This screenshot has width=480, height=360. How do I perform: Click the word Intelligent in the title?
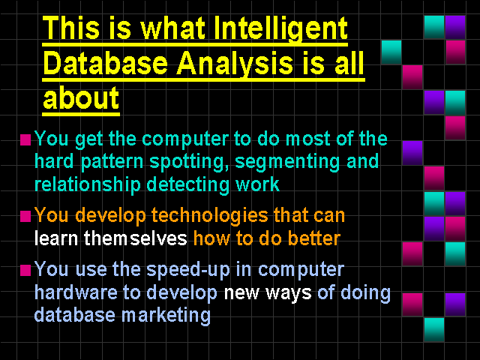[280, 28]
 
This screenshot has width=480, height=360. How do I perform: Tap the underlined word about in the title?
[81, 97]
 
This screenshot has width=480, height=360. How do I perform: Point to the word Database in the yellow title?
[106, 63]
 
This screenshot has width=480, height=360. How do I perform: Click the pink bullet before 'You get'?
[25, 139]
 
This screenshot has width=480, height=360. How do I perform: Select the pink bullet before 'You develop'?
[25, 216]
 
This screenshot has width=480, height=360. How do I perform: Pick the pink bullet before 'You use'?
[25, 270]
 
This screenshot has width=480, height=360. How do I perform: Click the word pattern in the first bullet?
[112, 162]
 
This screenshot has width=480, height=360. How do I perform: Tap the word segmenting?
[287, 162]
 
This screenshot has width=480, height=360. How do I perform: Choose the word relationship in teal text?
[88, 185]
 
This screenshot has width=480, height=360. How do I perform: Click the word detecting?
[187, 185]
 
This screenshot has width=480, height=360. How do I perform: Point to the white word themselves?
[135, 238]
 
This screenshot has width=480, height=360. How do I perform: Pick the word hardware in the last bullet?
[76, 292]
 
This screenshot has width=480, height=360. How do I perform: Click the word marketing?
[166, 316]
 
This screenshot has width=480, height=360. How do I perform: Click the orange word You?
[51, 215]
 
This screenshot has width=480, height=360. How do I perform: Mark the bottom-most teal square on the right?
[434, 330]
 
